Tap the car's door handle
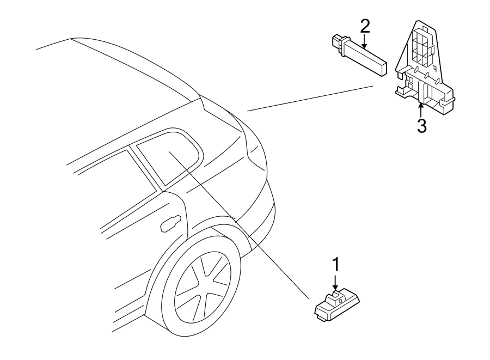click(170, 223)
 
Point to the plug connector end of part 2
click(337, 42)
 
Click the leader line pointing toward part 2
click(310, 98)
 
